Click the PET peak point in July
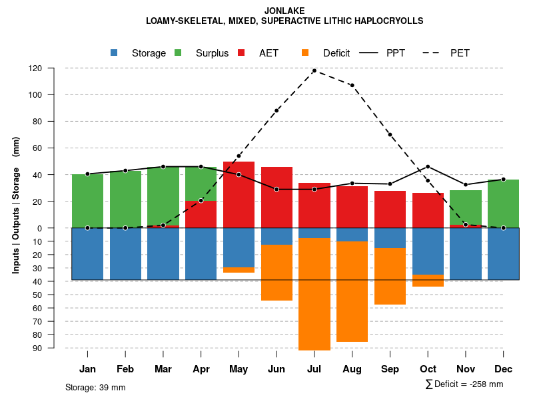point(314,70)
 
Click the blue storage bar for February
point(125,253)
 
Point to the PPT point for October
point(428,166)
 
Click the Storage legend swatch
point(114,53)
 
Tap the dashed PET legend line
point(432,53)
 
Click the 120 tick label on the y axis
point(54,68)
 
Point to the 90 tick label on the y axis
point(56,348)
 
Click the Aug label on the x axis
point(352,369)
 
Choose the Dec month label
point(503,369)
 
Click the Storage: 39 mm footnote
point(95,387)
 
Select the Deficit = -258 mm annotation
point(464,384)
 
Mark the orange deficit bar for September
point(390,276)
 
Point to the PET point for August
point(352,85)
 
